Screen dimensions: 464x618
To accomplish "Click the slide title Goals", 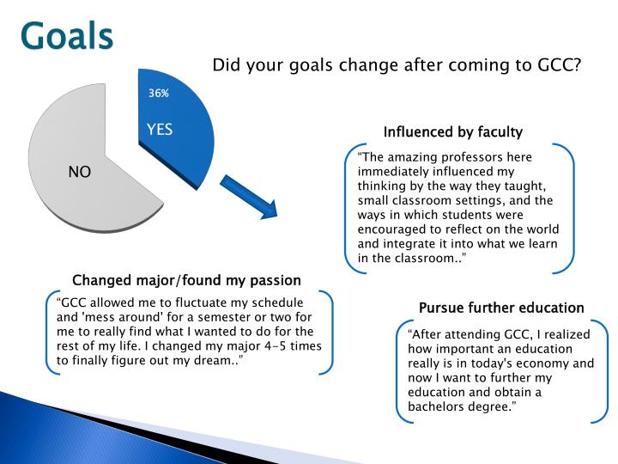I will coord(67,36).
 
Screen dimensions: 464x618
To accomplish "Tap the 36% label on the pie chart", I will coord(158,93).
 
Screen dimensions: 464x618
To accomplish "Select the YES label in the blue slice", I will coord(160,130).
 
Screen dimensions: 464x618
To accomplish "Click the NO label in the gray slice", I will coord(79,172).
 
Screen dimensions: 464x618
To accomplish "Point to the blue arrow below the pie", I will coord(250,198).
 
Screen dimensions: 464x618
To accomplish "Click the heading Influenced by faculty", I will coord(452,131).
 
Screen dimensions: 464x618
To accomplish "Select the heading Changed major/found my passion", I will coord(186,280).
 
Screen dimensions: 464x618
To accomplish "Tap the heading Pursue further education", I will coord(501,308).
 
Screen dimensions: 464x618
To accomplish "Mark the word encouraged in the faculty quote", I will coord(391,229).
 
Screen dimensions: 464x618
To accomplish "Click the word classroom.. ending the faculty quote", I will coord(433,258).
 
